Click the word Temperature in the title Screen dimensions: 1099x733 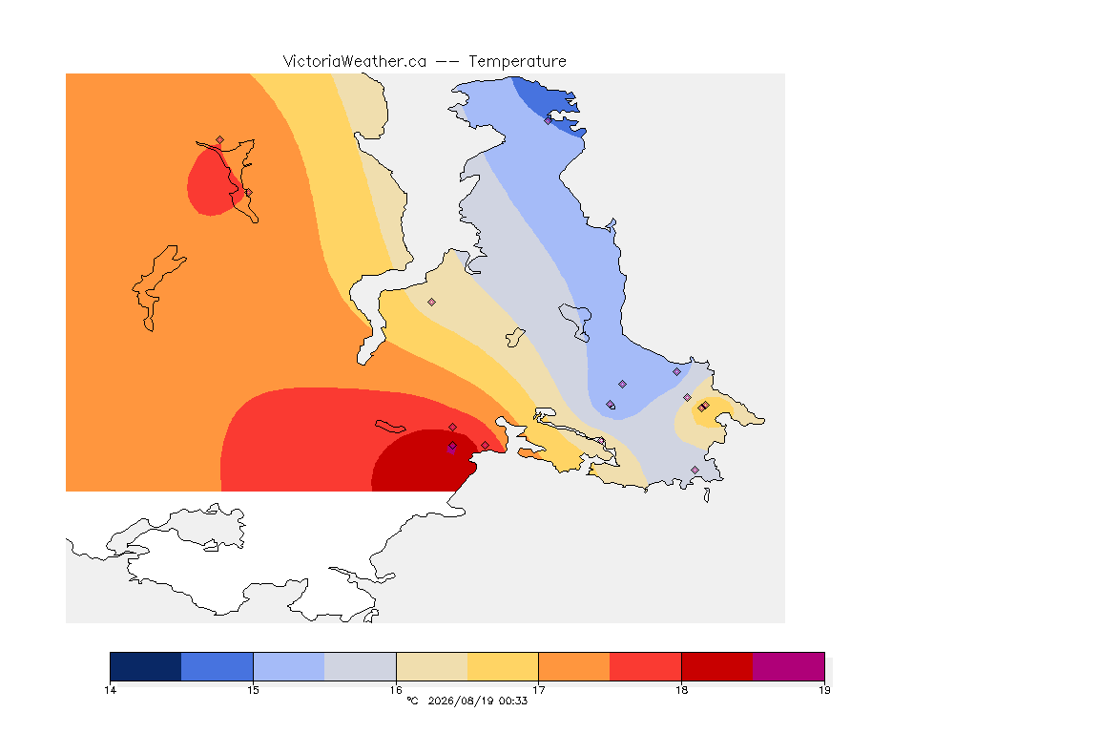pyautogui.click(x=517, y=62)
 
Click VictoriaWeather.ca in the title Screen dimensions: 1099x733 pyautogui.click(x=355, y=62)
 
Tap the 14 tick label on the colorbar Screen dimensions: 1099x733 pyautogui.click(x=110, y=690)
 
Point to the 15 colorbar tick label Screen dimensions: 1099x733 pyautogui.click(x=253, y=690)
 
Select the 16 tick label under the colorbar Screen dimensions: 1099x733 pyautogui.click(x=396, y=690)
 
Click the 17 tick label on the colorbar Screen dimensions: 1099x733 pyautogui.click(x=538, y=690)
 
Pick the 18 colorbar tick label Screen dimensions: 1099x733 pyautogui.click(x=681, y=690)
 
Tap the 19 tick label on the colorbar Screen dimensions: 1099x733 pyautogui.click(x=824, y=690)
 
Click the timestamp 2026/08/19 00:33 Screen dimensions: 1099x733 pyautogui.click(x=477, y=701)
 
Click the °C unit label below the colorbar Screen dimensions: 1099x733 pyautogui.click(x=412, y=701)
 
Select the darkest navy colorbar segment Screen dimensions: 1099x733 pyautogui.click(x=146, y=666)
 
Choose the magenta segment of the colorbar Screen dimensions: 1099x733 pyautogui.click(x=789, y=666)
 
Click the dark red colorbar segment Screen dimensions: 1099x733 pyautogui.click(x=717, y=666)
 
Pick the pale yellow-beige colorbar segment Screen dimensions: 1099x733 pyautogui.click(x=432, y=666)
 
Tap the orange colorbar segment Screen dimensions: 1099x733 pyautogui.click(x=574, y=666)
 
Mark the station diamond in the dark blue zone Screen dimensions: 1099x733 pyautogui.click(x=549, y=120)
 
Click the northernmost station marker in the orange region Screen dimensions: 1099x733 pyautogui.click(x=220, y=140)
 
